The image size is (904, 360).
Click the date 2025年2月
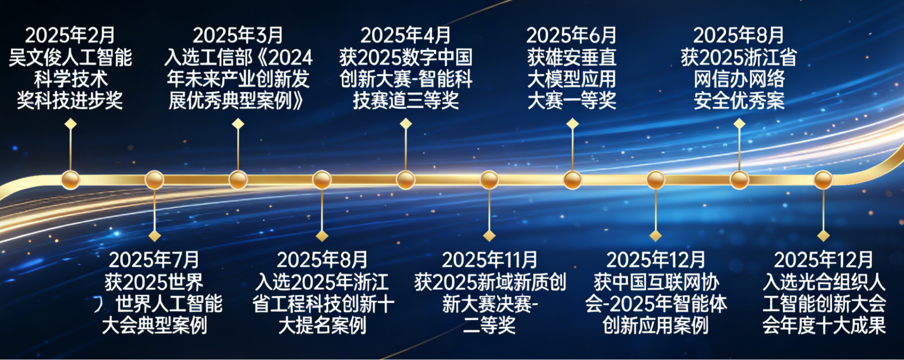click(70, 35)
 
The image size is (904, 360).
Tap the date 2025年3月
click(238, 35)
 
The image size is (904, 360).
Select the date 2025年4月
click(406, 35)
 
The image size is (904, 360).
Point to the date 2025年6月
click(571, 35)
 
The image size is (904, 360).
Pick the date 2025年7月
click(154, 260)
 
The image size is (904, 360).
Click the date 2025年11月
click(489, 260)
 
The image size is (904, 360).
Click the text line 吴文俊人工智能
click(70, 57)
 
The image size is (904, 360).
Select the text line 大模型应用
click(571, 79)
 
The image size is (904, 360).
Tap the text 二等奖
click(489, 325)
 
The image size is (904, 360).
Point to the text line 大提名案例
click(322, 325)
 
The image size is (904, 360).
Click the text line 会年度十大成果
click(824, 325)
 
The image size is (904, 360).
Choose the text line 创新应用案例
click(656, 325)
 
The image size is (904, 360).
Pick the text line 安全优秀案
click(739, 101)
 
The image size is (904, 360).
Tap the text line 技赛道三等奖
click(406, 101)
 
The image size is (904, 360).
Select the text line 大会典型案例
click(154, 325)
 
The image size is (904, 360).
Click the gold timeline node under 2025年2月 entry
click(71, 180)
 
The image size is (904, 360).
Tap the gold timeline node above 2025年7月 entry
click(154, 180)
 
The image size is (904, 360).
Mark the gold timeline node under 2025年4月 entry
click(406, 180)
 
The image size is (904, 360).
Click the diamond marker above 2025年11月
click(489, 236)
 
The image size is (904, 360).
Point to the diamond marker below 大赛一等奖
click(573, 124)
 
